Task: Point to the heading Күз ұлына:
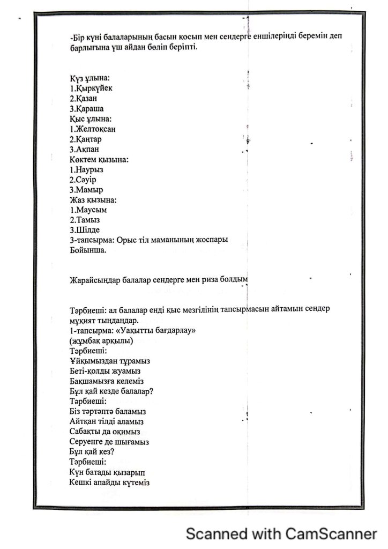coord(89,79)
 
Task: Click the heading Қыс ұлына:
coord(90,118)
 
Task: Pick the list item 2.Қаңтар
coord(86,139)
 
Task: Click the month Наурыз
coord(89,169)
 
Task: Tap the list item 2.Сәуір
coord(85,180)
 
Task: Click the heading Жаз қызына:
coord(93,200)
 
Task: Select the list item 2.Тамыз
coord(85,220)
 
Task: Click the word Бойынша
coord(88,250)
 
